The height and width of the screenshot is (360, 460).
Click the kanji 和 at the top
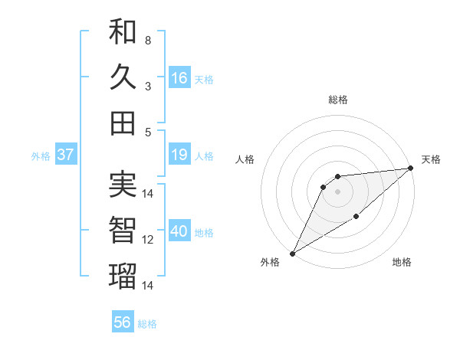[123, 33]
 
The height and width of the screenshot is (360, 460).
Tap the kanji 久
[123, 78]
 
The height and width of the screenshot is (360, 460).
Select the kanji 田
[123, 123]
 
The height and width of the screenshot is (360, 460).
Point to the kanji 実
[123, 185]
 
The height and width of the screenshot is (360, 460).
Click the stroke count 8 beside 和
[147, 40]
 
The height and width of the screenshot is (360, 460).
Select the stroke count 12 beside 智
[148, 240]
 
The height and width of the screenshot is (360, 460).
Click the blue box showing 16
[179, 78]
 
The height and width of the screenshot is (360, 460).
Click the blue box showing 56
[123, 322]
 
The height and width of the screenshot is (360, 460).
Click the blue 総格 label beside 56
[148, 324]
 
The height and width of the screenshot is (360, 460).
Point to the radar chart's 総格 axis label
[337, 100]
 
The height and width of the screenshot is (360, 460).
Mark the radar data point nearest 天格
[411, 169]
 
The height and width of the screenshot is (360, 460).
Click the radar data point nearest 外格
[292, 253]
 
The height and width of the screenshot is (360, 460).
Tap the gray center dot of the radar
[337, 191]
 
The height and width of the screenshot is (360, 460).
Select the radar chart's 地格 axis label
[402, 263]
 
